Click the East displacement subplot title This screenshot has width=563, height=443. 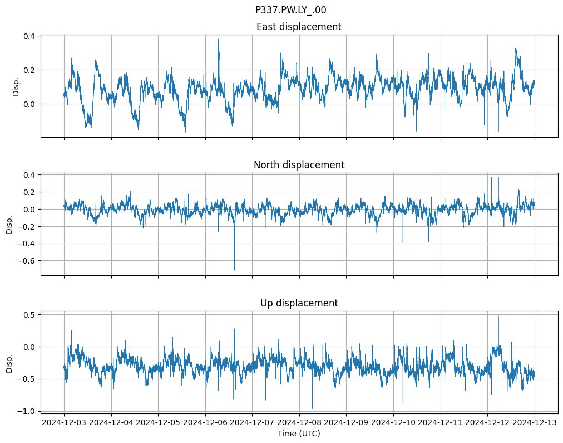coord(299,27)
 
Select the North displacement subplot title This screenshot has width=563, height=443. coord(299,165)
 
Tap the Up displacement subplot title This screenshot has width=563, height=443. coord(299,303)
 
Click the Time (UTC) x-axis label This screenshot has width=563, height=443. coord(299,433)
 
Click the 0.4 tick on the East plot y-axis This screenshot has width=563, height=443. coord(29,36)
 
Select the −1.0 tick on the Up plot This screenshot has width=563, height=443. coord(27,411)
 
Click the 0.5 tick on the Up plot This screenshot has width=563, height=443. coord(29,315)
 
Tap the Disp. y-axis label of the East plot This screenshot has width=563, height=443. coord(16,86)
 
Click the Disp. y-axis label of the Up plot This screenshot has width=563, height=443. coord(9,363)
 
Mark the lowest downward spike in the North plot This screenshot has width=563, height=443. coord(234,270)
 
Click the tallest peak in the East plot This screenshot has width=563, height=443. coord(218,39)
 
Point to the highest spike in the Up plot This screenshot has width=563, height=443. coord(498,316)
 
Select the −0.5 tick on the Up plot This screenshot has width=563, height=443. coord(27,379)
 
